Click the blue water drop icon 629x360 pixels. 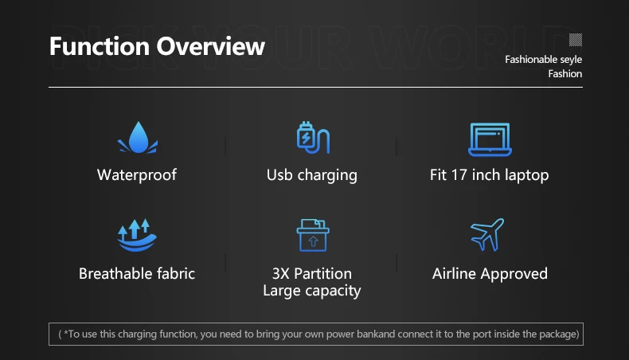(x=138, y=138)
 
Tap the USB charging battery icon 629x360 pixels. (x=313, y=138)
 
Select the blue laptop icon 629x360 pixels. (x=490, y=139)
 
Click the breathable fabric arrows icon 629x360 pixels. (x=137, y=235)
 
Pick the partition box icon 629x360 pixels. (x=313, y=235)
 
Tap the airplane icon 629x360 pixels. (x=487, y=235)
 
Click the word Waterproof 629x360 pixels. (x=137, y=175)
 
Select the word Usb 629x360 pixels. (x=279, y=175)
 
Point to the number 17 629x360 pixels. (x=459, y=175)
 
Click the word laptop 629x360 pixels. (x=527, y=176)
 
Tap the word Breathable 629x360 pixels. (x=115, y=274)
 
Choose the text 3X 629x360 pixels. (x=280, y=274)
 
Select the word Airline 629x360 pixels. (x=454, y=274)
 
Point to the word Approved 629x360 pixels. (x=514, y=275)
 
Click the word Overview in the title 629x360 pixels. (x=211, y=46)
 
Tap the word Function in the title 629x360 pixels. (x=100, y=46)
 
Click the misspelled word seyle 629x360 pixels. (x=571, y=60)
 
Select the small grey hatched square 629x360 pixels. (x=576, y=40)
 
